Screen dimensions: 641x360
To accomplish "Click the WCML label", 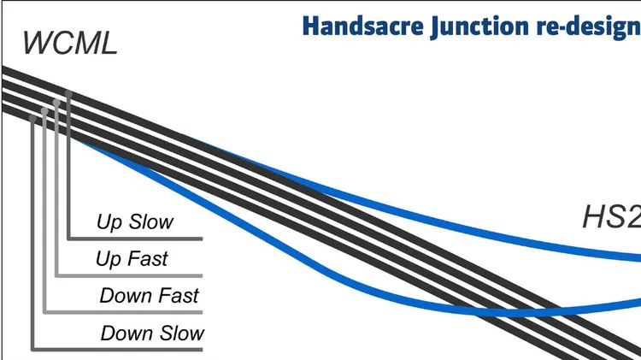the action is click(70, 43).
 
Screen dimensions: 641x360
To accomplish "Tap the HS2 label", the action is click(612, 217).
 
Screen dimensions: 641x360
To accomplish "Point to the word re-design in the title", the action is click(589, 27).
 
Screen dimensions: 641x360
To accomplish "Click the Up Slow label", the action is click(135, 221).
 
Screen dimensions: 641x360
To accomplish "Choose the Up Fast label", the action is click(132, 259).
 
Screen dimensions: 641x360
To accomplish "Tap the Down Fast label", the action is click(150, 295).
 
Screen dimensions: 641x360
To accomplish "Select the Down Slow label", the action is click(152, 333).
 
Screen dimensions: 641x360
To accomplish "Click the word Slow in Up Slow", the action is click(151, 221).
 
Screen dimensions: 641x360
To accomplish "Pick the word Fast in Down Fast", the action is click(179, 295).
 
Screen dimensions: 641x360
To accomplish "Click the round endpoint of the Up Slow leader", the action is click(68, 95).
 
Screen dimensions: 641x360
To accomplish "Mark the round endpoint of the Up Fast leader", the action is click(56, 103).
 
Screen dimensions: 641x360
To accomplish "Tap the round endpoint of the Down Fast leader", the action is click(44, 111).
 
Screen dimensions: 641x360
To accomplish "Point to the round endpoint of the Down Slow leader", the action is click(32, 119).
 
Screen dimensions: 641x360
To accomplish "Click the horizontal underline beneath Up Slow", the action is click(135, 239).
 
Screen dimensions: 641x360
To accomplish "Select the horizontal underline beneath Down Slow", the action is click(117, 350).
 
